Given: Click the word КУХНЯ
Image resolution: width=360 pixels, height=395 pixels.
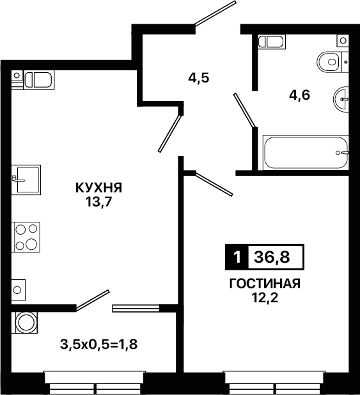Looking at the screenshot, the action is [x=99, y=188].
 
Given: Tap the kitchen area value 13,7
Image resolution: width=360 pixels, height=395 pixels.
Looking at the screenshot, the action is [x=99, y=202].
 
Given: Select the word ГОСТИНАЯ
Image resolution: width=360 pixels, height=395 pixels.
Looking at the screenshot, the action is [x=265, y=284].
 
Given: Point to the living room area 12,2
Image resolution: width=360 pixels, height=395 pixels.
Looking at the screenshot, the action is [x=265, y=298].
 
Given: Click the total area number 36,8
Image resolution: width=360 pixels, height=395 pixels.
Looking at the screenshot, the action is [x=272, y=257].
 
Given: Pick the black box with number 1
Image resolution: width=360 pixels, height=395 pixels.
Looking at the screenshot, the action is [x=237, y=257].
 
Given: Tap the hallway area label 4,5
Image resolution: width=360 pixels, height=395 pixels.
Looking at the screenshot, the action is [x=199, y=78].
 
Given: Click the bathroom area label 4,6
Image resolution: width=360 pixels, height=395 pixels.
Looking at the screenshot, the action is [x=299, y=95].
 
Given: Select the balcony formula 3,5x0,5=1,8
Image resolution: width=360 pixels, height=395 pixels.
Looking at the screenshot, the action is [x=99, y=345].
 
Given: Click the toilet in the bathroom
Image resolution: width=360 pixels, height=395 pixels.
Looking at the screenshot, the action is [x=333, y=62].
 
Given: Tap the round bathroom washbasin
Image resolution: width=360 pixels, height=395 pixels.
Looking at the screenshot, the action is [x=341, y=98].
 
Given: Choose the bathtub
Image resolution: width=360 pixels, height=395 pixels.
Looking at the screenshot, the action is [x=306, y=152].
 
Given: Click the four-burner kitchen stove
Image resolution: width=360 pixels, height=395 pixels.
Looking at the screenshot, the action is [x=26, y=237].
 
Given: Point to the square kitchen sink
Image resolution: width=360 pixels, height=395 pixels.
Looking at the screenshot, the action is [x=26, y=180].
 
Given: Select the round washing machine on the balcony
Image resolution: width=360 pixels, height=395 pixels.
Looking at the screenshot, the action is [x=24, y=322].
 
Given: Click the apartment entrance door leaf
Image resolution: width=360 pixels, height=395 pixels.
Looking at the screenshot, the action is [x=215, y=13].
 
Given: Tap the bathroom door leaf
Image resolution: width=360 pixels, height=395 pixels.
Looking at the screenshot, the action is [x=244, y=110].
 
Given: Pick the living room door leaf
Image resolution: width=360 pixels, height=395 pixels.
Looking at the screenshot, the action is [x=214, y=184].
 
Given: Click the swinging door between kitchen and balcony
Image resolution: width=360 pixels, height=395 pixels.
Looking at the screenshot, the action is [x=93, y=300].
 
